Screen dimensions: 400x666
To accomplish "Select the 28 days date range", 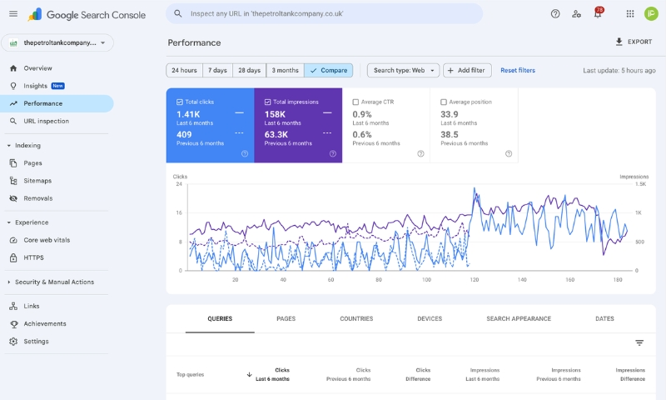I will coord(249,70).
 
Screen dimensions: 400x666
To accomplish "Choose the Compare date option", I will coord(329,70).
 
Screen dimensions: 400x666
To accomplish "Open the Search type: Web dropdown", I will coord(404,70).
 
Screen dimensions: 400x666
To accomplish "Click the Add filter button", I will coord(467,70).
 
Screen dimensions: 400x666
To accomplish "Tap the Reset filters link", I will coord(518,70).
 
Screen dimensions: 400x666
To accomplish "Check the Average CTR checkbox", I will coord(356,102).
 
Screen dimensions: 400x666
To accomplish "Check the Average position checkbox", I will coord(444,102).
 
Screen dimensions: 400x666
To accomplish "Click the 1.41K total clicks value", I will coord(189,114).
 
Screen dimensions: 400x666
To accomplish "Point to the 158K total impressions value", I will coord(276,114).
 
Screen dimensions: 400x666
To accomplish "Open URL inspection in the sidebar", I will coord(46,121).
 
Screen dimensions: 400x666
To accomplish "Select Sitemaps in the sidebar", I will coord(37,180).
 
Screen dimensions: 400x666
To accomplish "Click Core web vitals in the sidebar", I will coord(47,240).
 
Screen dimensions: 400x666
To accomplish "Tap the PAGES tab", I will coord(286,318).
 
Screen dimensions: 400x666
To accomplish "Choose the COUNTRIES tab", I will coord(356,318).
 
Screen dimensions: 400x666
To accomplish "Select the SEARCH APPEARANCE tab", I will coord(519,318).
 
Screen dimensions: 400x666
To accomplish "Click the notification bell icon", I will coord(597,14).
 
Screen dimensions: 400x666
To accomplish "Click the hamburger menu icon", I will coord(13,14).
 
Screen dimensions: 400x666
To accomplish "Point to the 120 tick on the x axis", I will coord(475,280).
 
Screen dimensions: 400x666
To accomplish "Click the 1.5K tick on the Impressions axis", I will coord(640,184).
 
